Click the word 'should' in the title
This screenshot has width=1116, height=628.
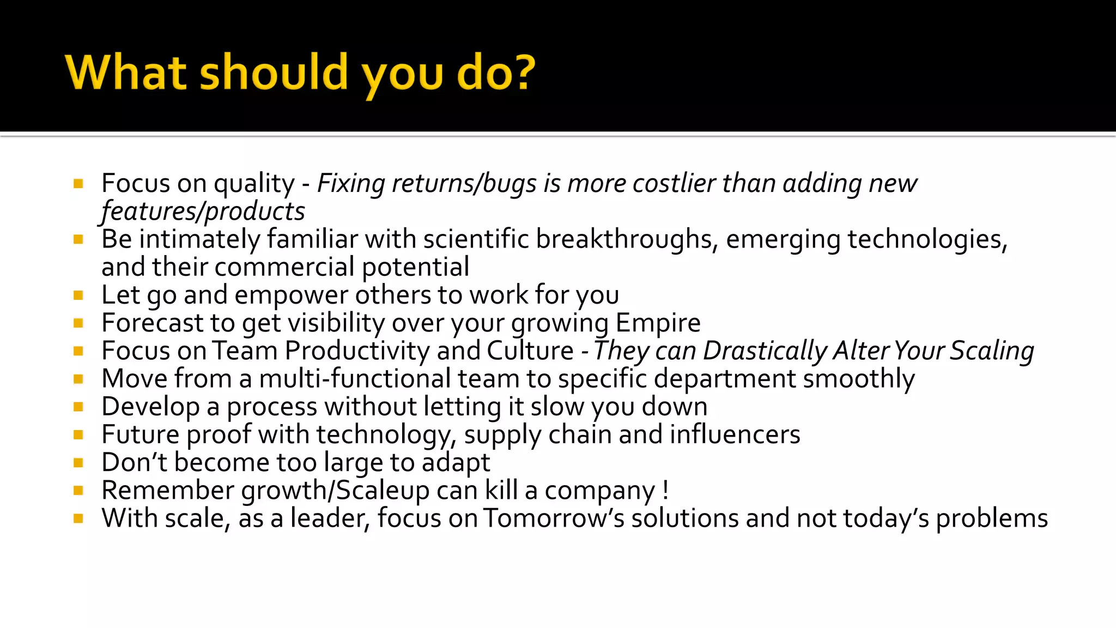[x=274, y=72]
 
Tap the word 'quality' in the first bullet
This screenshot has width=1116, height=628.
[x=254, y=184]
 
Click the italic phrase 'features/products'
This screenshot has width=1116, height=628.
[x=203, y=212]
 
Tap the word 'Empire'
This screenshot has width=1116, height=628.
[x=658, y=323]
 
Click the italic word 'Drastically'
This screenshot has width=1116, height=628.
[x=765, y=352]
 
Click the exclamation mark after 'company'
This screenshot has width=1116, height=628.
[x=666, y=490]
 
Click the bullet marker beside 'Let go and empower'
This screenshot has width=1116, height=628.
[x=78, y=295]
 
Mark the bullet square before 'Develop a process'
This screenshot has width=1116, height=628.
[x=78, y=407]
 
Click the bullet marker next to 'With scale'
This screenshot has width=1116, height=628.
[x=78, y=518]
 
